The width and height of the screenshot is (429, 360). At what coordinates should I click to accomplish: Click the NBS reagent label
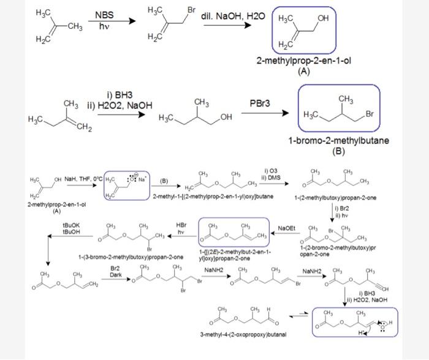(x=105, y=15)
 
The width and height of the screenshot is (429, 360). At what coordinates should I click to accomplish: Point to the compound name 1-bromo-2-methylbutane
(x=338, y=141)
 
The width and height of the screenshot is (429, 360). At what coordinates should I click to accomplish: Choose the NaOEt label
(x=287, y=227)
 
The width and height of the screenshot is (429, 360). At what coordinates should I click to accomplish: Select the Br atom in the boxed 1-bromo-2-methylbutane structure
(x=370, y=114)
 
